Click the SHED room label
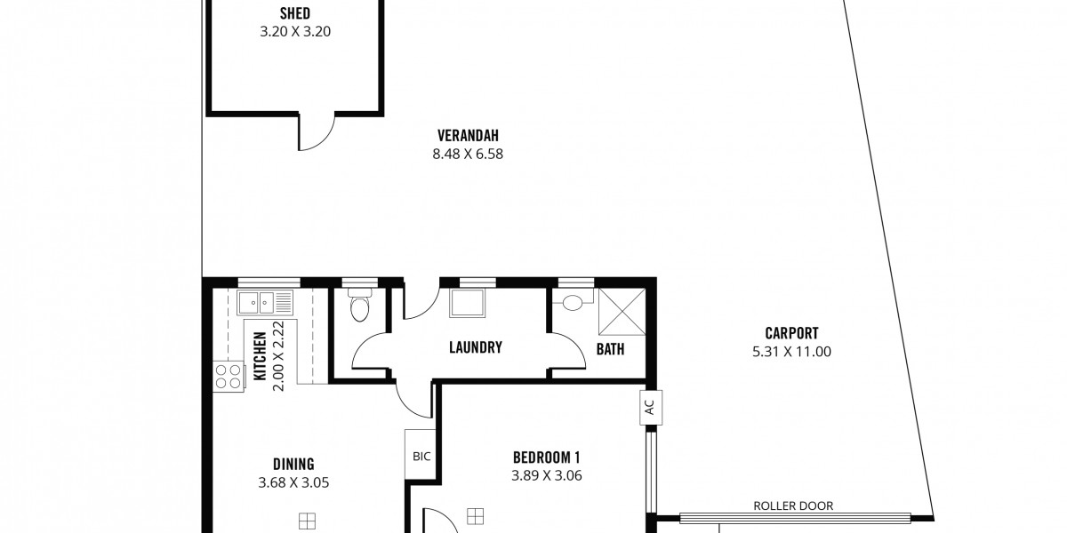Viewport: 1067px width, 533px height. point(295,12)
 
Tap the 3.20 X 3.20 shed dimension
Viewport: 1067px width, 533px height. point(295,31)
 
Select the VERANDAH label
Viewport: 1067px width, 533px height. point(468,136)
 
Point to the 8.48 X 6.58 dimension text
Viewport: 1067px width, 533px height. point(468,155)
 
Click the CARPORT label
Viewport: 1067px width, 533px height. point(791,333)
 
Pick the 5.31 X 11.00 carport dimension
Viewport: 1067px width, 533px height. point(791,352)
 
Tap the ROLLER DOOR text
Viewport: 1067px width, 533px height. point(793,505)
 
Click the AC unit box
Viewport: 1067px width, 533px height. point(651,408)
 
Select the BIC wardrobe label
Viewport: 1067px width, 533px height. point(421,457)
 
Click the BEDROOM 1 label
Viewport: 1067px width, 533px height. point(546,457)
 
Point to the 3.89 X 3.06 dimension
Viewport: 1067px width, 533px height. point(546,476)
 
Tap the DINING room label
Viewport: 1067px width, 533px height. point(293,464)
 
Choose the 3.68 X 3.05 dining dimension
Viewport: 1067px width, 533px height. point(293,483)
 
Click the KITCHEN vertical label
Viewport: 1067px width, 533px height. point(260,356)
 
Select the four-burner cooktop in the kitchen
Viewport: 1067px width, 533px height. point(229,377)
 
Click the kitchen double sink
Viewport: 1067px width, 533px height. point(265,303)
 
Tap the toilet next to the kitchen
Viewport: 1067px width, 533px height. point(359,305)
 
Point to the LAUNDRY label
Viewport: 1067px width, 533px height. point(476,347)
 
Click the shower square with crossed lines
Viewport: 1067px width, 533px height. point(622,312)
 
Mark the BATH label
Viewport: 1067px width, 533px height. point(610,349)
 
